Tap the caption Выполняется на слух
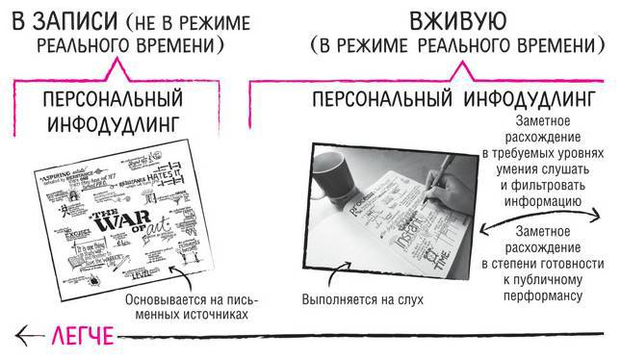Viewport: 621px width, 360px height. coord(363,299)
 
